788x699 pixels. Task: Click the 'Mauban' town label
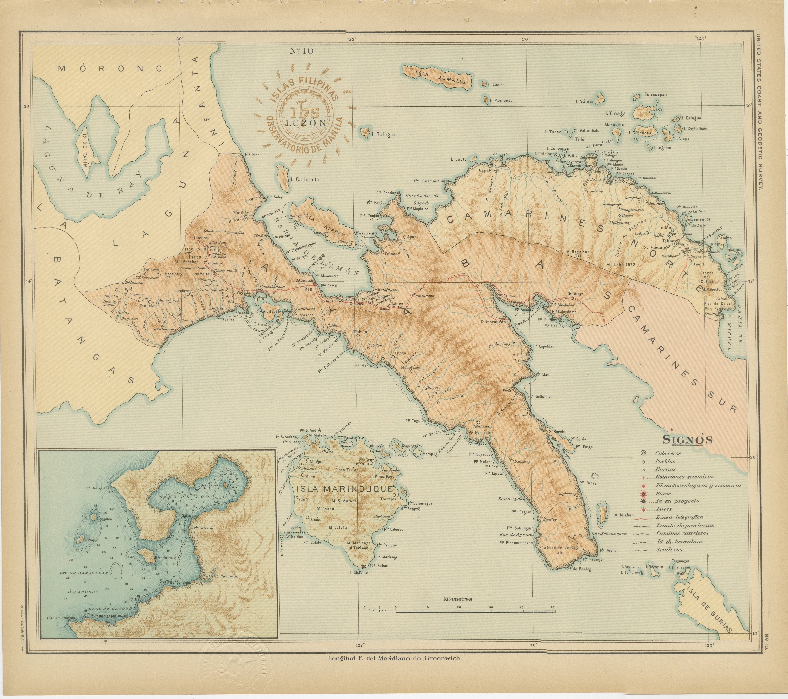[x=242, y=213]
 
